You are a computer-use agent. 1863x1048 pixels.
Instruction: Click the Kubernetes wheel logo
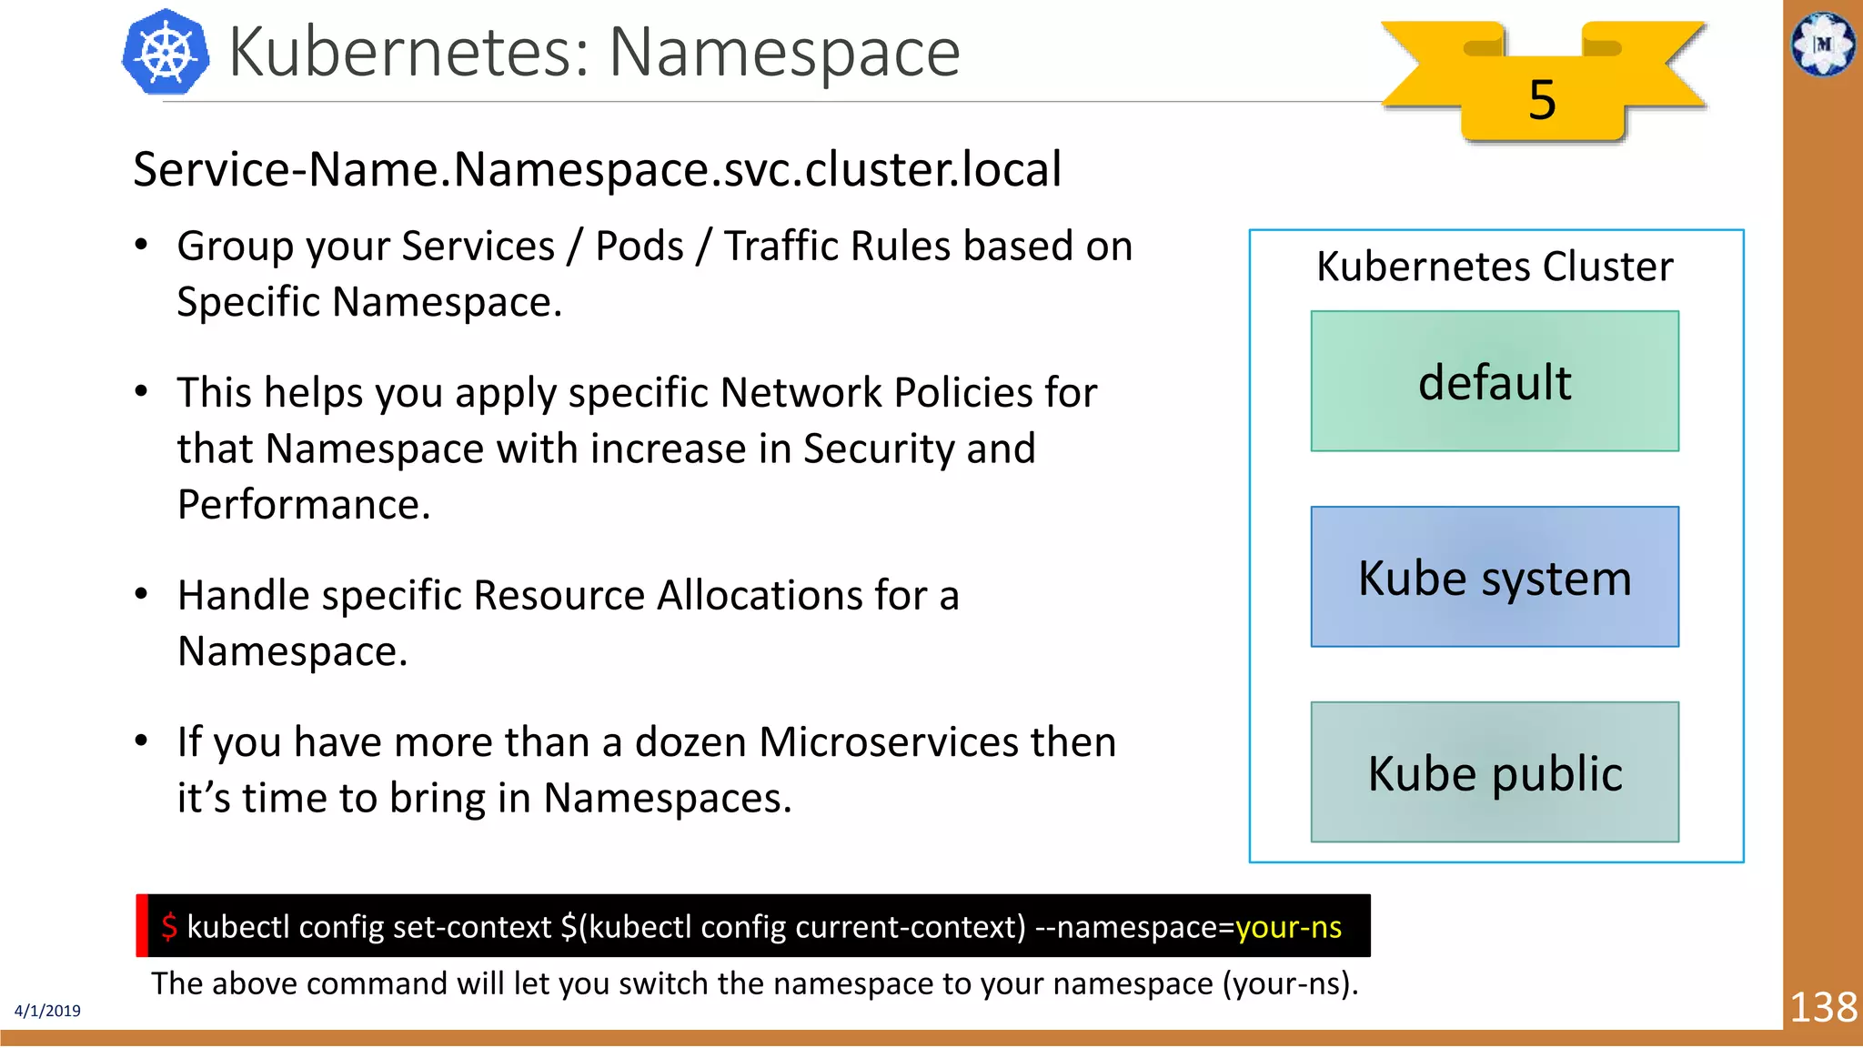click(x=166, y=53)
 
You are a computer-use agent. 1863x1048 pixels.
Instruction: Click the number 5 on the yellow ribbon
click(x=1541, y=99)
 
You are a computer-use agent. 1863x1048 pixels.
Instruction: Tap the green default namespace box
click(x=1495, y=381)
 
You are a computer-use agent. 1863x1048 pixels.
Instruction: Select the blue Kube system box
click(x=1495, y=577)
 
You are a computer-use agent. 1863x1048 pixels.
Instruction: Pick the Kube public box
click(x=1495, y=772)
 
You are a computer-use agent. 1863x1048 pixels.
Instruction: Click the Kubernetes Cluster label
click(x=1495, y=267)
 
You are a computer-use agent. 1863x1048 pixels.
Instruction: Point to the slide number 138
click(x=1823, y=1007)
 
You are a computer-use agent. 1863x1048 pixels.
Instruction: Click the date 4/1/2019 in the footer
click(x=47, y=1011)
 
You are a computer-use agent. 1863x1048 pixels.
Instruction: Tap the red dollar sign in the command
click(x=169, y=926)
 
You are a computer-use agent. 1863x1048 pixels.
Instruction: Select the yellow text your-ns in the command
click(x=1288, y=926)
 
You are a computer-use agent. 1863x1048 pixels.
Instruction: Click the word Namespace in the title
click(x=783, y=53)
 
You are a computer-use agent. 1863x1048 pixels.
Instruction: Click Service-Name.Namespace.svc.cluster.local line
click(x=597, y=169)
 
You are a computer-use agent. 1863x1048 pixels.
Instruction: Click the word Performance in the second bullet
click(x=303, y=504)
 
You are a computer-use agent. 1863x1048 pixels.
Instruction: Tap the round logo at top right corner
click(x=1823, y=43)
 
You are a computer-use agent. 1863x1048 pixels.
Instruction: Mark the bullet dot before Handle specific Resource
click(x=141, y=594)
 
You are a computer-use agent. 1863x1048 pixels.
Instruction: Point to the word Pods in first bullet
click(x=639, y=247)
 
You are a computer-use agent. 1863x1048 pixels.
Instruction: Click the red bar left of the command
click(x=142, y=925)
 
